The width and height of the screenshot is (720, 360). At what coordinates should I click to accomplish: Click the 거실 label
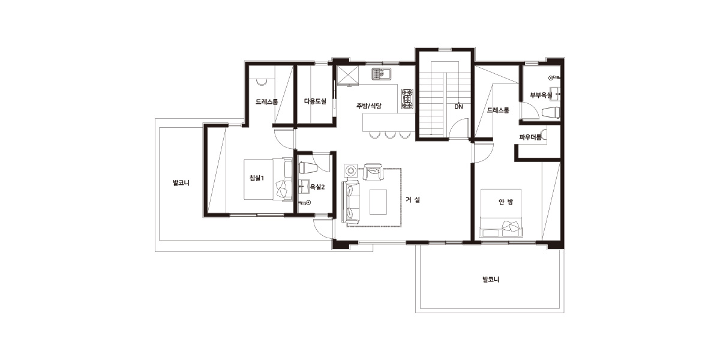[413, 200]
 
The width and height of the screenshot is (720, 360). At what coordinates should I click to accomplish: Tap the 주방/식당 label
[368, 106]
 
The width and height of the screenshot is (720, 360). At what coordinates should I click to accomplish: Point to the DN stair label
[458, 107]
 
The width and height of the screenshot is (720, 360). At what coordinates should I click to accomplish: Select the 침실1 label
[257, 178]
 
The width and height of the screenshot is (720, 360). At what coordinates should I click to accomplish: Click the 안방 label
[506, 202]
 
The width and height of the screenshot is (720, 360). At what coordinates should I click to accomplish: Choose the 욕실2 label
[317, 187]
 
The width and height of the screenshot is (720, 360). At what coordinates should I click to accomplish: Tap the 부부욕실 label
[541, 95]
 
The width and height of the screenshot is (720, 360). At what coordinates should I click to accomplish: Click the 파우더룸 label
[530, 137]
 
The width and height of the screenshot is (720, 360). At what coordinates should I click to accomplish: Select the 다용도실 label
[315, 101]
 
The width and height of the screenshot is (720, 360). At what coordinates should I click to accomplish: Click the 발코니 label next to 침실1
[181, 183]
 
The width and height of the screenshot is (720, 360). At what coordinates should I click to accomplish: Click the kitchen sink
[381, 74]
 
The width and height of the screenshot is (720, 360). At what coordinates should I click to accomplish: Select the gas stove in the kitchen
[407, 98]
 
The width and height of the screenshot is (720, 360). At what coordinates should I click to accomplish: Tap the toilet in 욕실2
[308, 167]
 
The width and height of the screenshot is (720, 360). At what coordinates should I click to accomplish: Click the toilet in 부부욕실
[551, 113]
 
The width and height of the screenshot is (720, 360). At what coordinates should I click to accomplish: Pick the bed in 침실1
[268, 179]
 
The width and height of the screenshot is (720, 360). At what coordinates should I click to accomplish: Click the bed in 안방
[501, 213]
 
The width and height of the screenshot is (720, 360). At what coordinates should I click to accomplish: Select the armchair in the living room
[373, 172]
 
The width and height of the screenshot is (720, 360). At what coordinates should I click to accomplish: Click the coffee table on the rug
[378, 202]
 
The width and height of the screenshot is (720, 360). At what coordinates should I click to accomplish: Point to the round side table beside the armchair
[350, 170]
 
